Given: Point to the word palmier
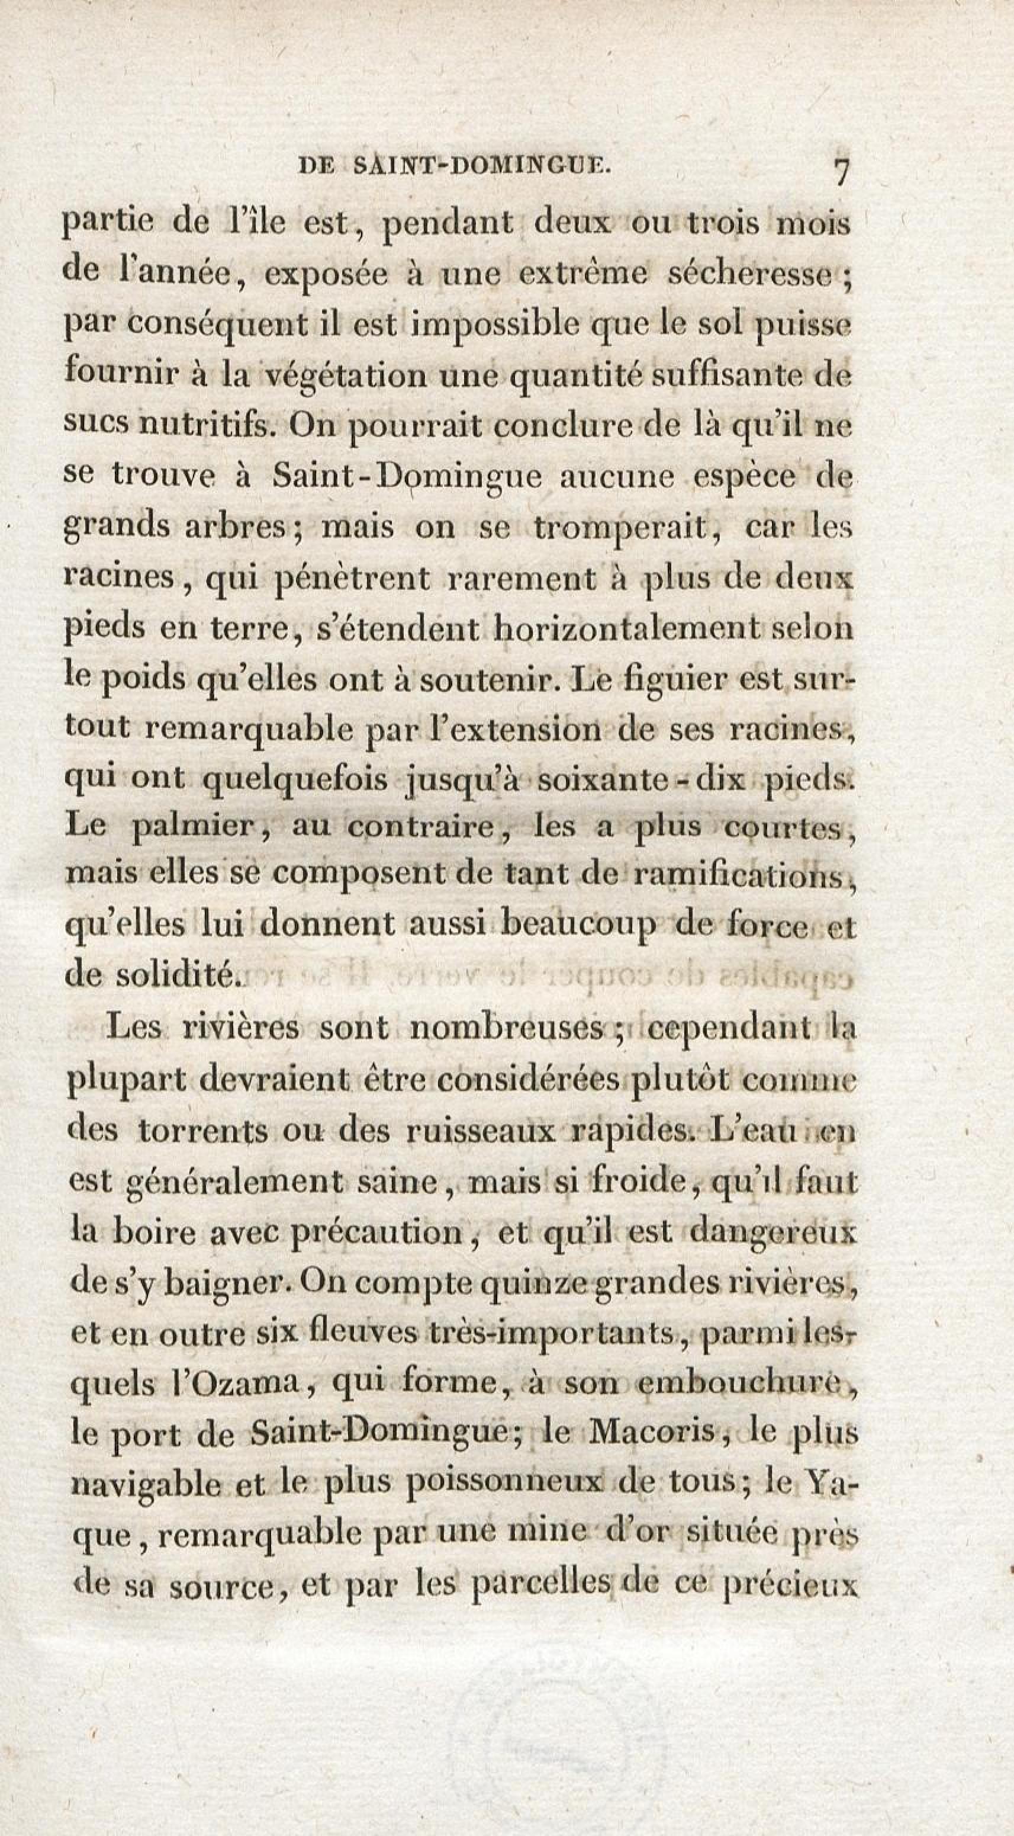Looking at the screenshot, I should (x=207, y=830).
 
